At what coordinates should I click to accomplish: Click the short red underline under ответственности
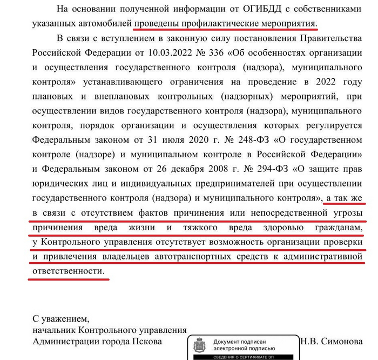[67, 278]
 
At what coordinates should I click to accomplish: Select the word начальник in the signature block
[54, 330]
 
